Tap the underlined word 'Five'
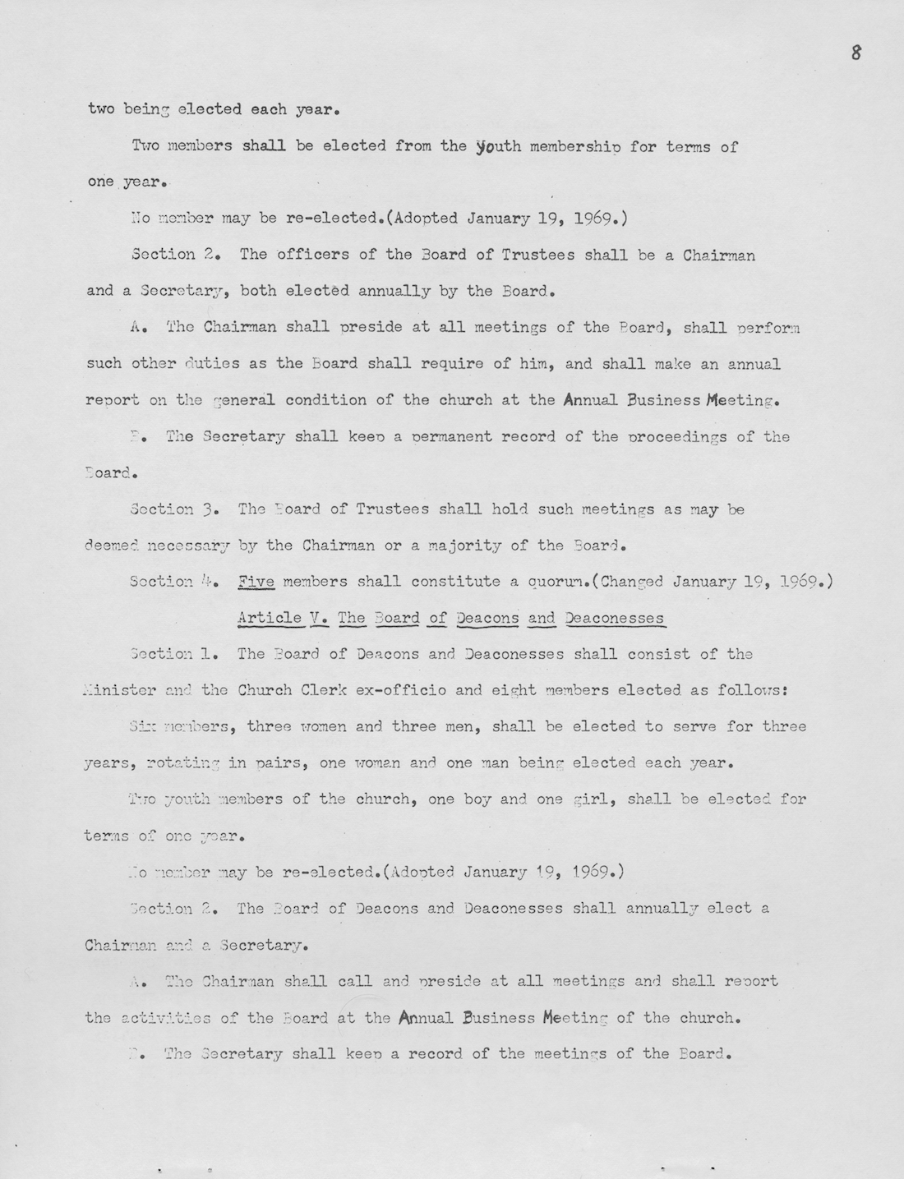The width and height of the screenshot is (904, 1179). point(255,582)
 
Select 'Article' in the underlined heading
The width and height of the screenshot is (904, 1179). point(269,618)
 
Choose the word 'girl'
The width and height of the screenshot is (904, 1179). point(594,799)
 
